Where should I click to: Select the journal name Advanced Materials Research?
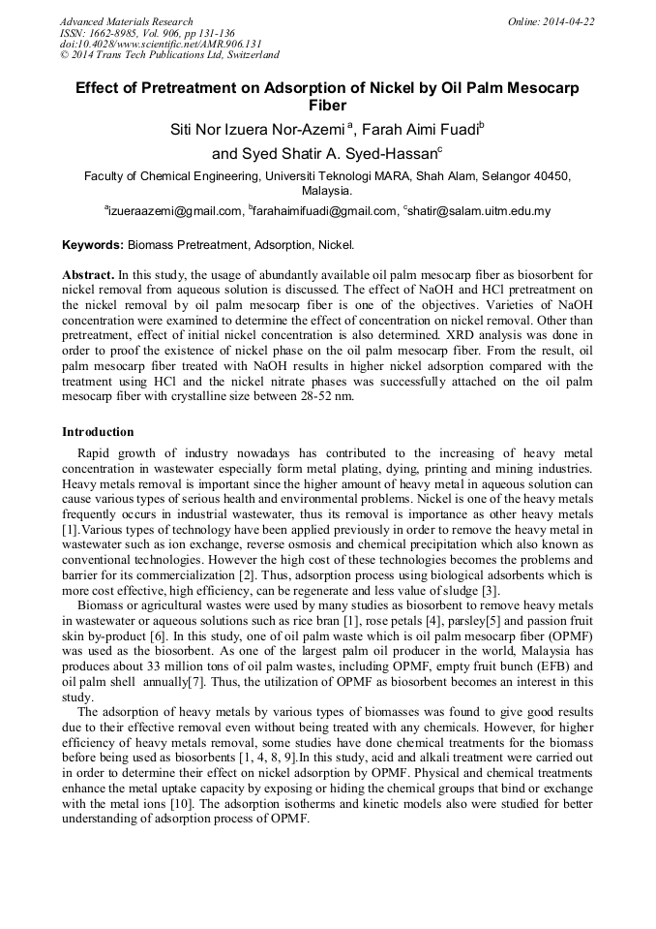[126, 21]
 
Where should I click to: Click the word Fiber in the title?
[327, 106]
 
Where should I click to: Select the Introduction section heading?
[98, 431]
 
